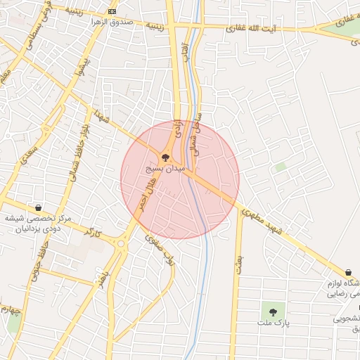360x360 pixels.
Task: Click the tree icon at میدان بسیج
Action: coord(165,158)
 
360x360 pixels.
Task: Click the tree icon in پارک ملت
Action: coord(273,311)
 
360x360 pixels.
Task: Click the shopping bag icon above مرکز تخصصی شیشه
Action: coord(37,208)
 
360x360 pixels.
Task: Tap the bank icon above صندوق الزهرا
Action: coord(112,12)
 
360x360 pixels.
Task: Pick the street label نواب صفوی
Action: coord(159,247)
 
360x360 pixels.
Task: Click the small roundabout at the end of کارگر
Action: coord(120,245)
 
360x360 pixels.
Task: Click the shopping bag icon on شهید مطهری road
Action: coord(348,272)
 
